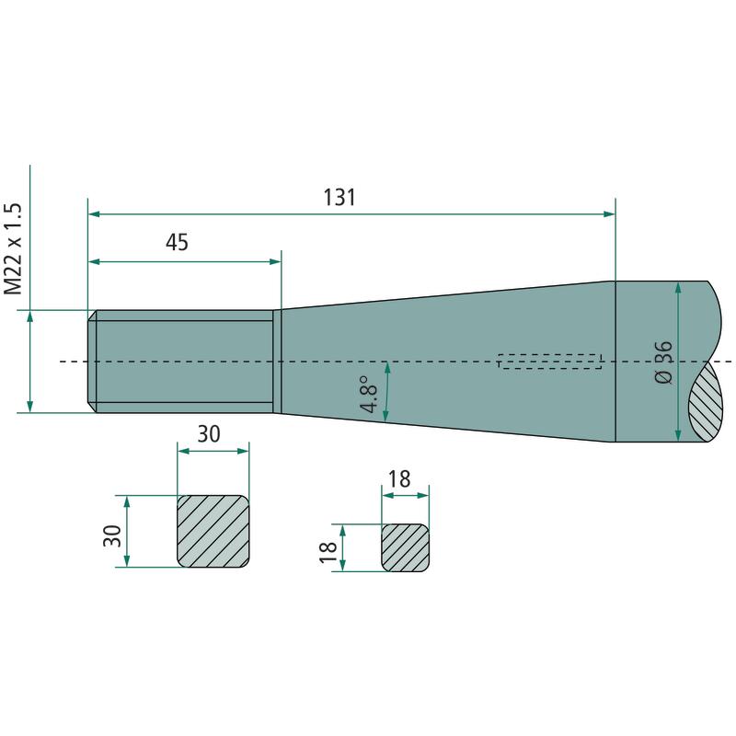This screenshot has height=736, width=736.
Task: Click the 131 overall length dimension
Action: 339,197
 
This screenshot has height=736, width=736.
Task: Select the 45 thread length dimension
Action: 177,242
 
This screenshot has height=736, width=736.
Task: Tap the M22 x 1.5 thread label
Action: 14,248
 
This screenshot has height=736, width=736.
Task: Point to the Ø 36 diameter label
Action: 663,362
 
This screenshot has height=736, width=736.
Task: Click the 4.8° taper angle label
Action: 370,394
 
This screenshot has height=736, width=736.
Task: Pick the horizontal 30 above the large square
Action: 209,433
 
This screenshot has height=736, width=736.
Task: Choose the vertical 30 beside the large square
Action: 112,535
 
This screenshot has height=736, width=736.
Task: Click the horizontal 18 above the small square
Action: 399,478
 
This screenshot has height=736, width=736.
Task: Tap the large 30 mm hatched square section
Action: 213,532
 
